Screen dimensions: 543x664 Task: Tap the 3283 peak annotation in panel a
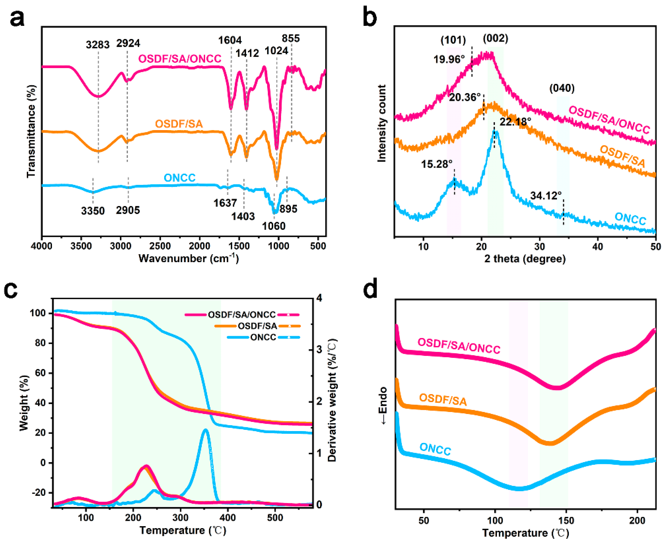click(98, 45)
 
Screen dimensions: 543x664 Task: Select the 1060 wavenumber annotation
click(273, 226)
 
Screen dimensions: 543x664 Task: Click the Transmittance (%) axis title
click(31, 131)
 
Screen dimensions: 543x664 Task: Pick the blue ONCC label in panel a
click(180, 178)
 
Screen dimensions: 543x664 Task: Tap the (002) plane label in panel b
click(495, 38)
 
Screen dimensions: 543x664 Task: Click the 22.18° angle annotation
click(515, 121)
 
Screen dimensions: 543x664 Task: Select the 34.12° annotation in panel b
click(546, 196)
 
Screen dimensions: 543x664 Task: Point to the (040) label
click(562, 88)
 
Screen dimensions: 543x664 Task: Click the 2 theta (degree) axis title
click(525, 259)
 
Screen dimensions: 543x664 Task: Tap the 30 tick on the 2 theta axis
click(539, 247)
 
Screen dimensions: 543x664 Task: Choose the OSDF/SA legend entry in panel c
click(257, 326)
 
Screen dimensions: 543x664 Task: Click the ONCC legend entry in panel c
click(263, 337)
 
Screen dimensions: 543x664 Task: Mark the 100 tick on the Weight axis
click(38, 313)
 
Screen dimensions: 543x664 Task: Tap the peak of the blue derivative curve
click(205, 430)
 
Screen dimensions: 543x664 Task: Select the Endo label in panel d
click(383, 405)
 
